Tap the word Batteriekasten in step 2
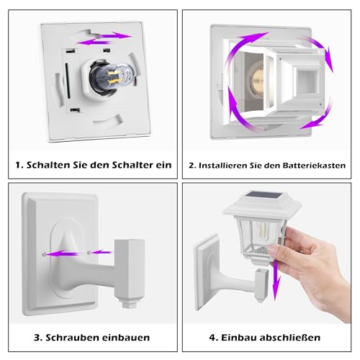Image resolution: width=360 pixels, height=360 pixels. pos(314,166)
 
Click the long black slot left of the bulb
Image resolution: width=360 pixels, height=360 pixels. pos(68,81)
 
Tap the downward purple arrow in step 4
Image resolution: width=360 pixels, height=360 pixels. pos(276,280)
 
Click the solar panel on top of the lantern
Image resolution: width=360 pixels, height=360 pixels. pos(266,196)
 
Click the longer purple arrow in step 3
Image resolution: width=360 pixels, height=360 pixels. pos(62,253)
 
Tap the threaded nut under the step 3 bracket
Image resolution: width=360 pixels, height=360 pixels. pos(130,303)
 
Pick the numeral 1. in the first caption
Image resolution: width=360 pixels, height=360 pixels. pos(19,165)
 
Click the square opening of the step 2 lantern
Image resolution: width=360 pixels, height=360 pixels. pos(308,81)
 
